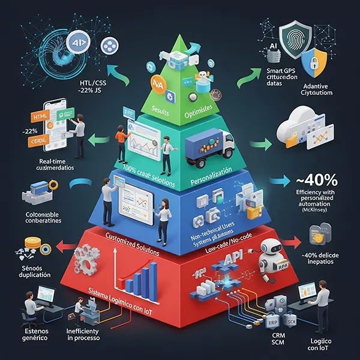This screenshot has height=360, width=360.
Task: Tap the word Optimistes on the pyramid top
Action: click(206, 111)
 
